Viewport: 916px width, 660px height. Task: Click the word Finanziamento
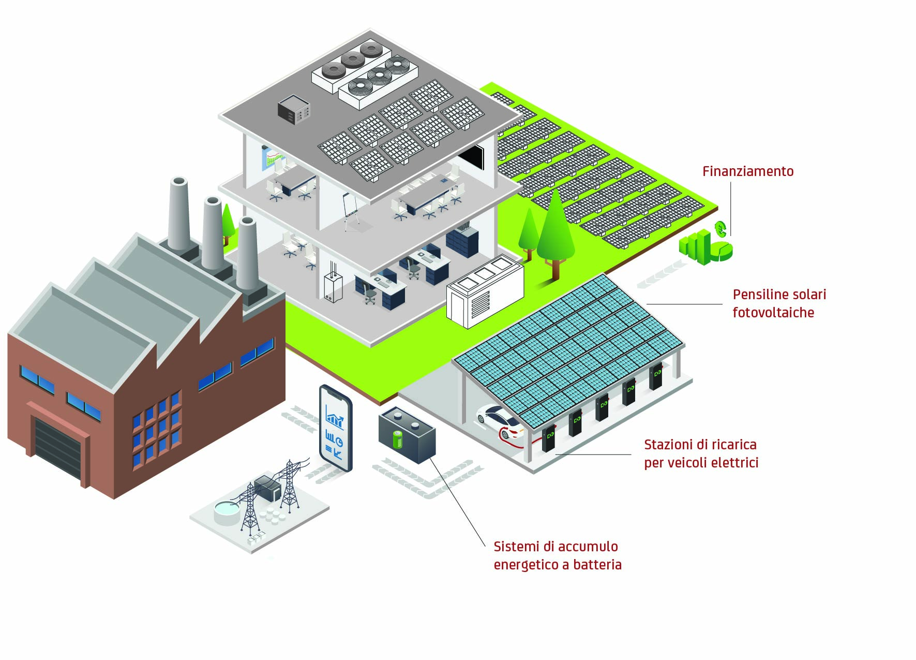747,171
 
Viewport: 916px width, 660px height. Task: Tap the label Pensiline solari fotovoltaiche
778,303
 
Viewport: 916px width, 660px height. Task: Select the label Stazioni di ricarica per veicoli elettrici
701,453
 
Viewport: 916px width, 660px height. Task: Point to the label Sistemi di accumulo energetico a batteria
557,555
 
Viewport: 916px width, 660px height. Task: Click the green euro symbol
720,228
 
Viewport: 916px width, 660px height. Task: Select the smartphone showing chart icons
336,428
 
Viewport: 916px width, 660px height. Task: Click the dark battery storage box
408,436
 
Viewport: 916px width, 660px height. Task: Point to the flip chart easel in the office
351,210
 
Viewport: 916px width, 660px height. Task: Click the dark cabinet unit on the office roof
294,109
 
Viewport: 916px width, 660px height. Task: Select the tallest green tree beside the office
555,230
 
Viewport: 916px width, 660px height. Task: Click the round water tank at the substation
227,512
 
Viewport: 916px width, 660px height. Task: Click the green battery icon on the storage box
397,439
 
